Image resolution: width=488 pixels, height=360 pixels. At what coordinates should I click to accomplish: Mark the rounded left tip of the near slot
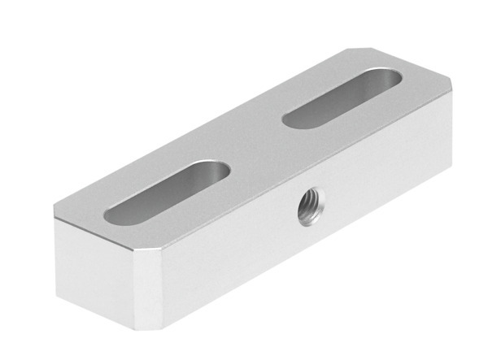114,215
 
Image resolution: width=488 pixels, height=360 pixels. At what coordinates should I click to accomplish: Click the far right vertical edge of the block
449,130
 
